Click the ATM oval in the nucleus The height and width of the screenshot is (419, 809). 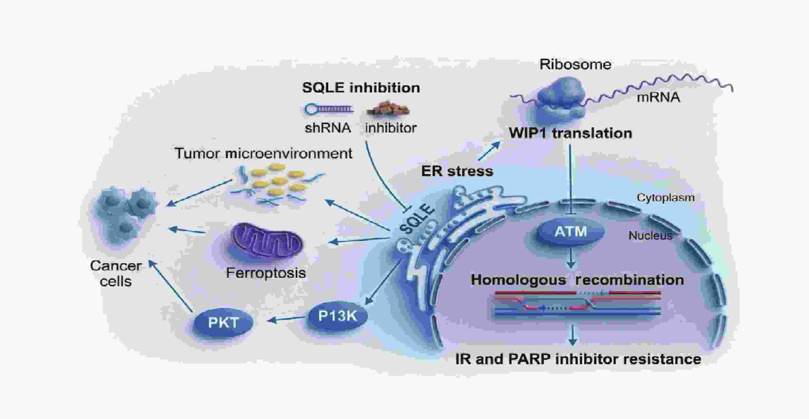571,232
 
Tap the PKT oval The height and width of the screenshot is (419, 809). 223,322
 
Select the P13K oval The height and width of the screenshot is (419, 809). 338,316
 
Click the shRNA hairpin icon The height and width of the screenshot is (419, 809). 328,109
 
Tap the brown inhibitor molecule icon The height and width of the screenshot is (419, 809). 388,109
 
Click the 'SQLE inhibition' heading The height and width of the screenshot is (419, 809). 361,88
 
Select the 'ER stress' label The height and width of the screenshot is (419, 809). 457,171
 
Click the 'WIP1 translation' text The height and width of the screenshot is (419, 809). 570,133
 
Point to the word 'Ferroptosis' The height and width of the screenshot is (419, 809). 266,273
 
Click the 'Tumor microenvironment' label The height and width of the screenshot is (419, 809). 263,154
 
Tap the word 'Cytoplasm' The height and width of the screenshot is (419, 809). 665,197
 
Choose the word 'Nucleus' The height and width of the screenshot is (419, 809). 650,235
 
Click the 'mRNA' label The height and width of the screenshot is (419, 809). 658,97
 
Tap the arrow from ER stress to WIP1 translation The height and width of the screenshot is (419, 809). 489,151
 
